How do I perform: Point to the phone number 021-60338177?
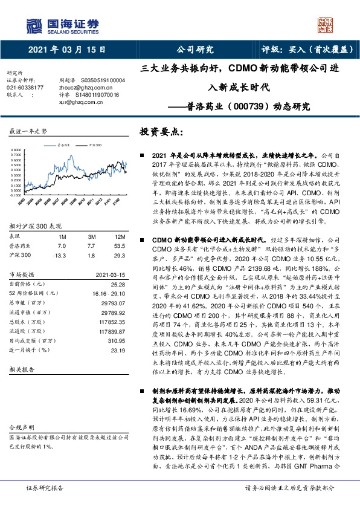coord(24,88)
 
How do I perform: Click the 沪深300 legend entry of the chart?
coord(94,146)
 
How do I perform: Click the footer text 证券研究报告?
coord(42,504)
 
